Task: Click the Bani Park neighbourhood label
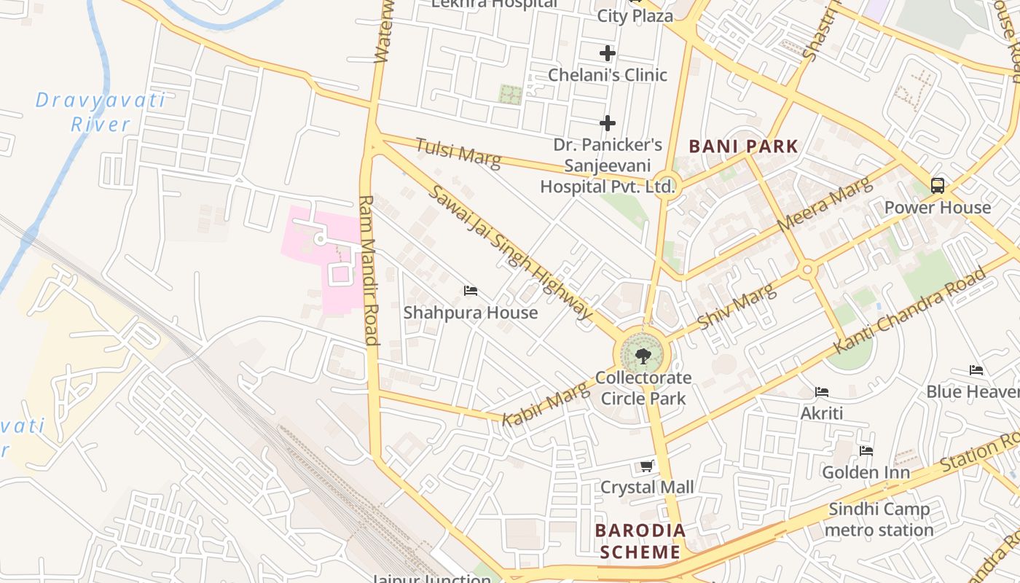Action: (x=743, y=146)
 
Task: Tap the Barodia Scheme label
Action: (x=640, y=541)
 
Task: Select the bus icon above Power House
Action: (x=938, y=185)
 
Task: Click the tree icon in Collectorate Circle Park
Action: (x=643, y=356)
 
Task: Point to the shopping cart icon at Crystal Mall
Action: (x=646, y=466)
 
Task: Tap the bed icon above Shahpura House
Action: (x=471, y=291)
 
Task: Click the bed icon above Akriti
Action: (x=822, y=392)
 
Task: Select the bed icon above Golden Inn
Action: (x=866, y=451)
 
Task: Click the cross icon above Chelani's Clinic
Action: (x=608, y=53)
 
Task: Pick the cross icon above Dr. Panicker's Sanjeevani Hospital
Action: (x=608, y=123)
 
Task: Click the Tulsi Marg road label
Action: (x=458, y=152)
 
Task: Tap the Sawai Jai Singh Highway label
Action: (x=510, y=252)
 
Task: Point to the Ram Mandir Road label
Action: (x=369, y=270)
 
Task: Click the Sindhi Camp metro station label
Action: (x=879, y=520)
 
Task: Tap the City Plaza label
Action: (x=635, y=15)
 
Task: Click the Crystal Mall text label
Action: (x=647, y=487)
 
